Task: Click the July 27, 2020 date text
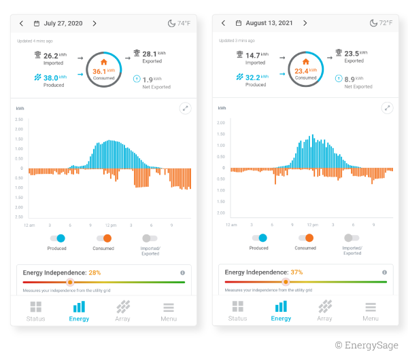(x=63, y=23)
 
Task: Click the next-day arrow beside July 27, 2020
(x=95, y=23)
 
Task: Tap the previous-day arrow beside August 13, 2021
(x=223, y=23)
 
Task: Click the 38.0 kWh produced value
(x=51, y=77)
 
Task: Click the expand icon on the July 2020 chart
(x=185, y=108)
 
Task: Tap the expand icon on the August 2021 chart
(x=387, y=108)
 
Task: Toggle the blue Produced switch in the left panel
(x=57, y=238)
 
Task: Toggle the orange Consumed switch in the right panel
(x=305, y=238)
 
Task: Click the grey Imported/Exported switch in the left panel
(x=150, y=238)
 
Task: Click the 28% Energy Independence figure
(x=95, y=272)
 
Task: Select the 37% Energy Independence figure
(x=296, y=272)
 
